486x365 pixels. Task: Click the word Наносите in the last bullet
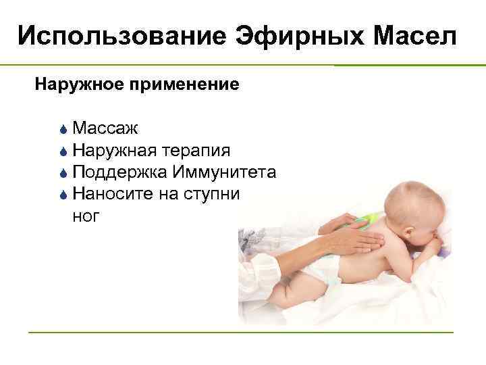[x=113, y=194]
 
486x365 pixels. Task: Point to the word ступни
[x=217, y=194]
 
